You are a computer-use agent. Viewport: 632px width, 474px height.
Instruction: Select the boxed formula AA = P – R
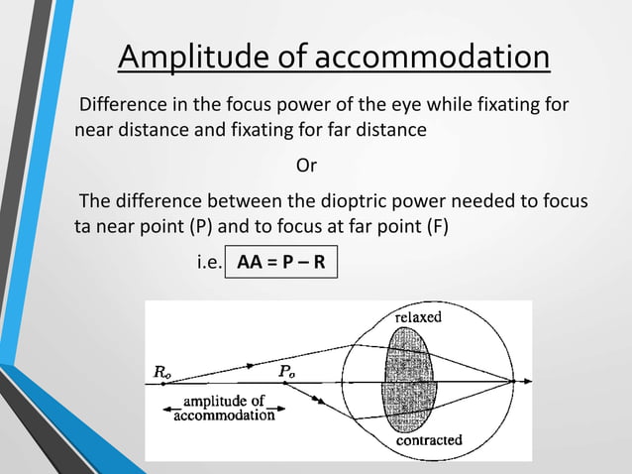281,263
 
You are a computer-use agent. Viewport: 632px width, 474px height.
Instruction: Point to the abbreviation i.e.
204,264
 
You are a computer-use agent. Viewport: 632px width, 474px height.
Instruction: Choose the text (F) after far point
436,226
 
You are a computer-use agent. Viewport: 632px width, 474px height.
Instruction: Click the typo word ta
83,226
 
